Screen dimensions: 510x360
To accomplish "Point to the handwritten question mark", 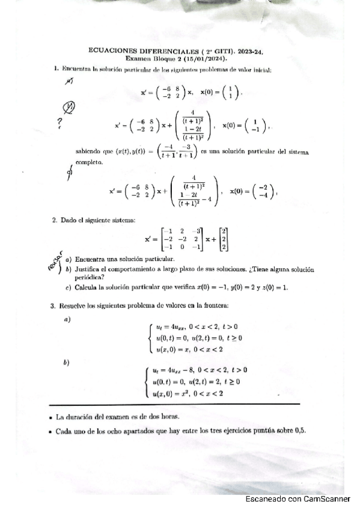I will [59, 123].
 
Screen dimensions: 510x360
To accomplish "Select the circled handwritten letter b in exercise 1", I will [70, 109].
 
